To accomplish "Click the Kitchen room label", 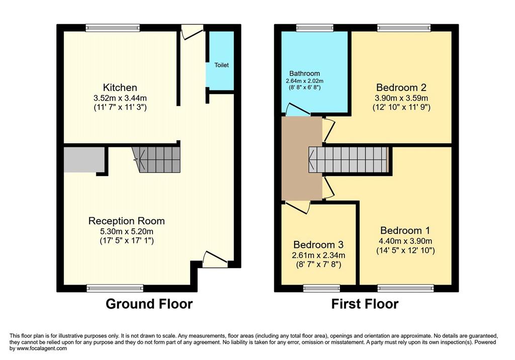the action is point(120,87).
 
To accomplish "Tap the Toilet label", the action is point(221,65).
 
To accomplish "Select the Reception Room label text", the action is point(126,221).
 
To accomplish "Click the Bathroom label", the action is point(304,73).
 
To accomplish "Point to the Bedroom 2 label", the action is point(401,87).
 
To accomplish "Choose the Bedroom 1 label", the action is point(405,230).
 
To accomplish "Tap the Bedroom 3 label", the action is point(318,245).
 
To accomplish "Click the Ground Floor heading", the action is point(149,304).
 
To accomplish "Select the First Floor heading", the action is point(365,304).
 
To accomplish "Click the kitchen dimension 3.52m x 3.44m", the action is point(120,98).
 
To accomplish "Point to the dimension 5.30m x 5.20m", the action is point(126,231).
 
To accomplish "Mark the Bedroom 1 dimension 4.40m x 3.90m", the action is point(405,241).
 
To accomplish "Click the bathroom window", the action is point(315,28).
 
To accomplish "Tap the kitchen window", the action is point(113,28).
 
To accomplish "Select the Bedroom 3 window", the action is point(321,289).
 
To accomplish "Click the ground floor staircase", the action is point(156,159).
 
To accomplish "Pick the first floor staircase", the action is point(349,159).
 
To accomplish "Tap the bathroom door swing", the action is point(297,110).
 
